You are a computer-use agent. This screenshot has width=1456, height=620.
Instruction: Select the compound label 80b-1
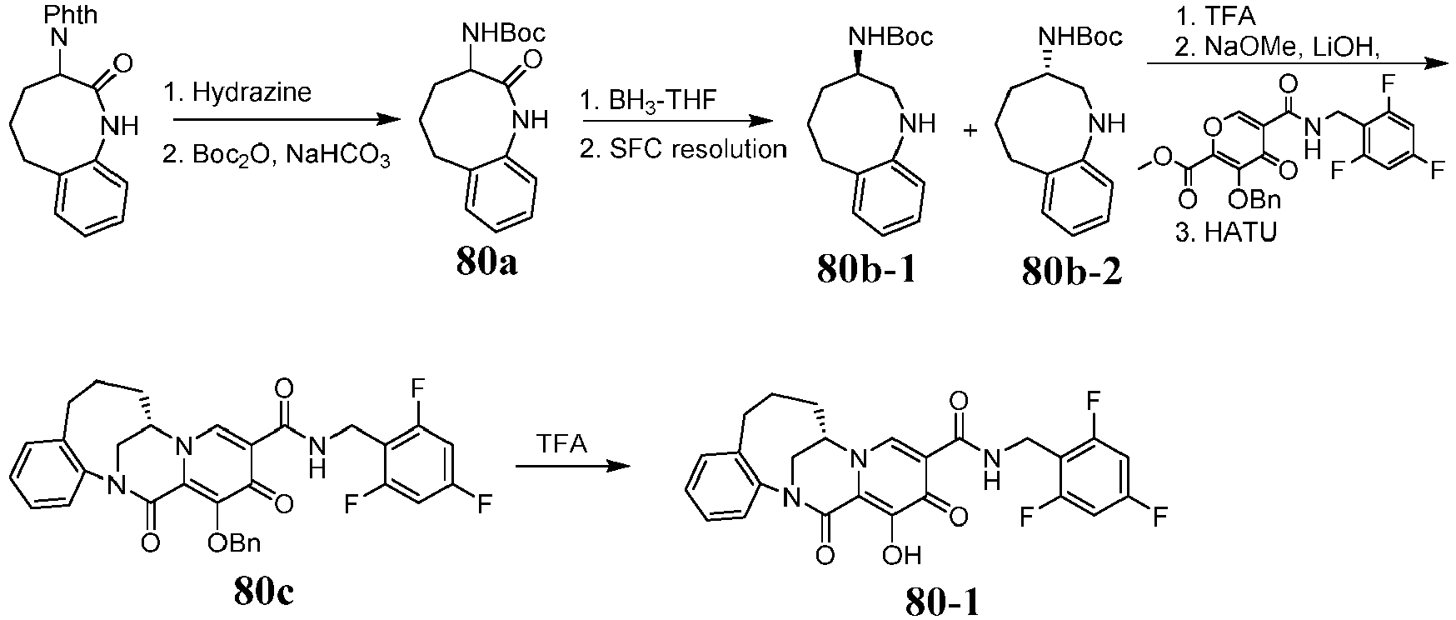tap(867, 271)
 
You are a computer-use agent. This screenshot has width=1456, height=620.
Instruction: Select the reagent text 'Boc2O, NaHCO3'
tap(288, 155)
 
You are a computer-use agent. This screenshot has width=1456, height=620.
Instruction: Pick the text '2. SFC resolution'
tap(684, 149)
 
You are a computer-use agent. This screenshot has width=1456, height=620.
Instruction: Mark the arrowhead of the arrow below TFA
tap(618, 466)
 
